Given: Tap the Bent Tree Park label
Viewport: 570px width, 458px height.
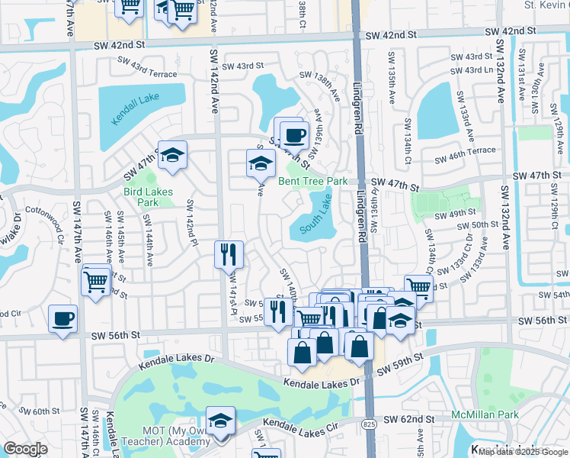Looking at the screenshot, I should click(312, 181).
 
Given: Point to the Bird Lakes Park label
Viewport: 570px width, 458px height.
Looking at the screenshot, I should click(149, 197).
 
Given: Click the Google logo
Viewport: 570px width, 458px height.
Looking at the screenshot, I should click(25, 449).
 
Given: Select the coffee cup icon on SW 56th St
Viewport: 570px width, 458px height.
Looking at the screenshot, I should click(62, 319).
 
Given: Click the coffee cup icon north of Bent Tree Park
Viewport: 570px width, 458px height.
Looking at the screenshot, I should click(294, 135).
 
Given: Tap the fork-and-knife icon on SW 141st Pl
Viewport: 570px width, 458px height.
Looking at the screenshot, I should click(229, 253).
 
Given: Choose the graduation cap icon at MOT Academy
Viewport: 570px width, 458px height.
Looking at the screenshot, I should click(221, 421).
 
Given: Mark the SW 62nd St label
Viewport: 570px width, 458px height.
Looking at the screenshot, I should click(408, 419).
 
